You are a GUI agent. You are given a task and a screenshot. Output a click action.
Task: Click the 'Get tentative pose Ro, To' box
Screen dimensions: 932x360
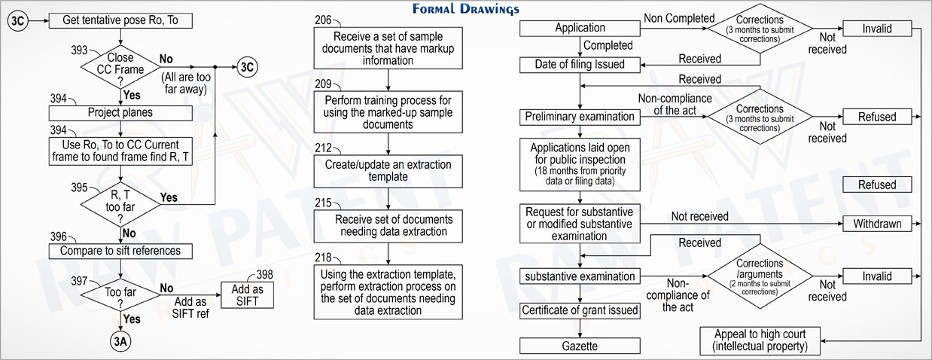click(120, 20)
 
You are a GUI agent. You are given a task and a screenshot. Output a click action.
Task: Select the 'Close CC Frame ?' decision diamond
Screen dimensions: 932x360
click(120, 67)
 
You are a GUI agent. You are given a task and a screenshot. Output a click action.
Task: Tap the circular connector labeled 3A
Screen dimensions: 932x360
click(120, 341)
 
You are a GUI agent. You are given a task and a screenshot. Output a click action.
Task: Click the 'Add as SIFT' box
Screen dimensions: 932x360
click(247, 295)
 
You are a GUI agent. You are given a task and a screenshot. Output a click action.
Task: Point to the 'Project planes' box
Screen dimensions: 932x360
click(120, 113)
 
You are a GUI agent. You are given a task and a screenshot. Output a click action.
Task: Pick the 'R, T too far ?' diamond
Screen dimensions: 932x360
click(120, 204)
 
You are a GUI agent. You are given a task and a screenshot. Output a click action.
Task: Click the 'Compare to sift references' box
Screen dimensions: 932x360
click(120, 251)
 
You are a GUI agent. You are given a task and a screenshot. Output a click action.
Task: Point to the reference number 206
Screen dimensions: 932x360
click(323, 20)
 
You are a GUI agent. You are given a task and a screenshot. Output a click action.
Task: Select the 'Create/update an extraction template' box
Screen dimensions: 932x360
click(388, 171)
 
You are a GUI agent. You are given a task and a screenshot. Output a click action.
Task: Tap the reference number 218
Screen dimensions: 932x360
click(323, 258)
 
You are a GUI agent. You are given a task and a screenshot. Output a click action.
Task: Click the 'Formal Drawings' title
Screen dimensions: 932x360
click(466, 9)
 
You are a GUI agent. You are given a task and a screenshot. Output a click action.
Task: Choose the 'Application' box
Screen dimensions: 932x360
click(580, 29)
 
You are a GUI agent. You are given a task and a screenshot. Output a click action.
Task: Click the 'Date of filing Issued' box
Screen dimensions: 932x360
click(580, 65)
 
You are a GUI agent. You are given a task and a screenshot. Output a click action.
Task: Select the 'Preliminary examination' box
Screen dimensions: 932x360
click(580, 117)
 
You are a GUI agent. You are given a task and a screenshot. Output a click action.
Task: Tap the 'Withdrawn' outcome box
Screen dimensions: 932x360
click(877, 224)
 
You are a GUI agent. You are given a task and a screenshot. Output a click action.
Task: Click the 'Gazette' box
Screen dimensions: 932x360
click(580, 346)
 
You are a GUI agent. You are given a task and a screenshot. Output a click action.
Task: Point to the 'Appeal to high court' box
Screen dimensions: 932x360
click(760, 341)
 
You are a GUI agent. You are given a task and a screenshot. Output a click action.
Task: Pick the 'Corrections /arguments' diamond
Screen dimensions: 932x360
click(760, 276)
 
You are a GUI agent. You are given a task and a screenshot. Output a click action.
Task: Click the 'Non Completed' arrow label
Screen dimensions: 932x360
click(679, 18)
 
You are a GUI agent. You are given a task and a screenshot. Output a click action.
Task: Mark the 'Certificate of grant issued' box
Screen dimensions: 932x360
click(580, 310)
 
